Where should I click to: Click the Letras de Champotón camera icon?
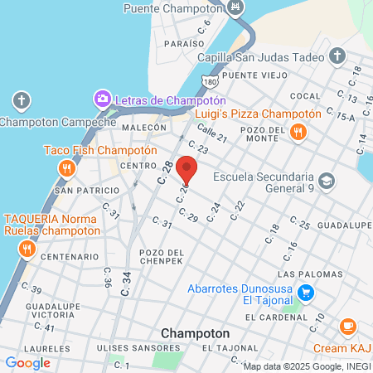pyautogui.click(x=102, y=99)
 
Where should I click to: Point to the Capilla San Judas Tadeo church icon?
pyautogui.click(x=337, y=56)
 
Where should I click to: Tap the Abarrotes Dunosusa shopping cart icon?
pyautogui.click(x=306, y=292)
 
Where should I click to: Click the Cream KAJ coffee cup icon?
pyautogui.click(x=348, y=326)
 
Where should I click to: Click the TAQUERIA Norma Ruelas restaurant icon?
pyautogui.click(x=27, y=248)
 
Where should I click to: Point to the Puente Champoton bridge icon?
pyautogui.click(x=236, y=7)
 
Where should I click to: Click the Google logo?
pyautogui.click(x=27, y=362)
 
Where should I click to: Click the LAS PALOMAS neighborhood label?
pyautogui.click(x=309, y=274)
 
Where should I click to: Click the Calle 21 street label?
pyautogui.click(x=211, y=138)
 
